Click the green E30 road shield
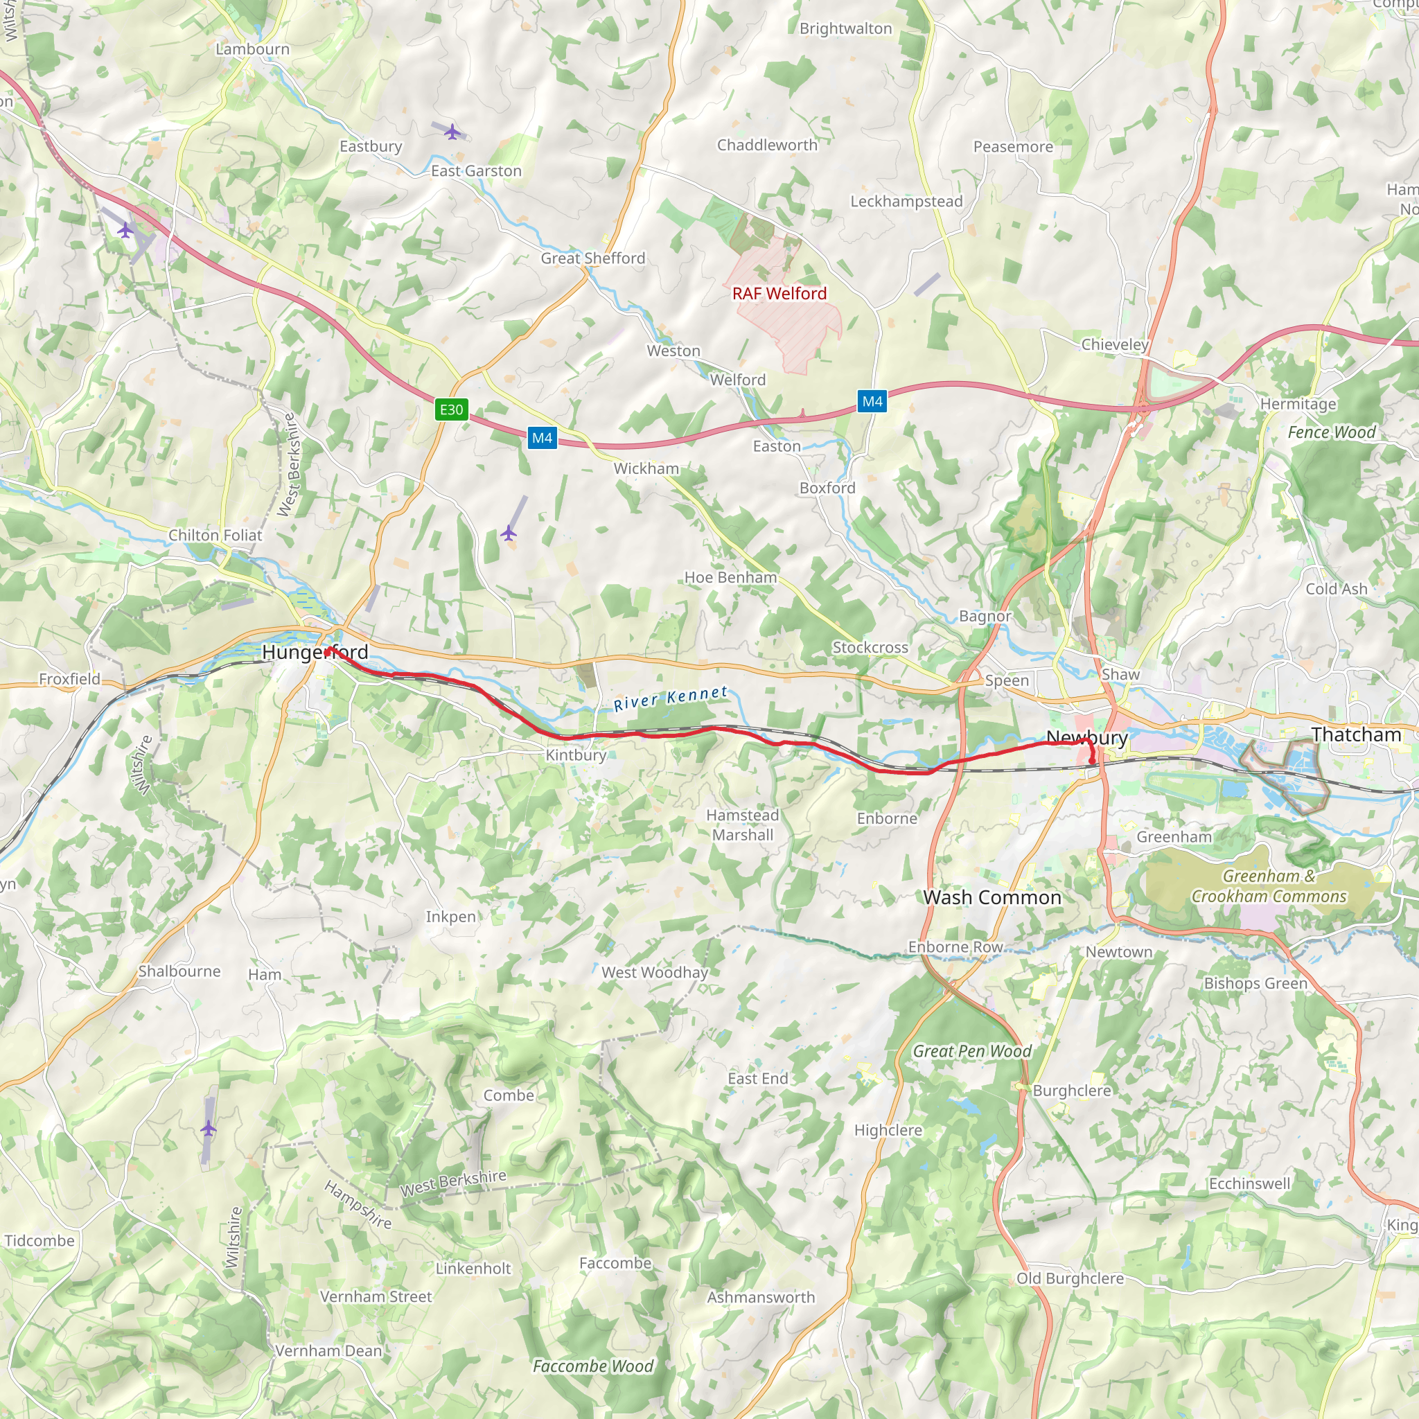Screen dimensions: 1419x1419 (451, 409)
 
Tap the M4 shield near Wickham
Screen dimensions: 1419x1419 (542, 439)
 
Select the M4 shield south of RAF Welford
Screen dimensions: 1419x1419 (872, 401)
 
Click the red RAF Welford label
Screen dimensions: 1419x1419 (779, 294)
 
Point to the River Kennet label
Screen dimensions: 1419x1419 (671, 698)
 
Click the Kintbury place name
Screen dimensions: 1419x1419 (576, 755)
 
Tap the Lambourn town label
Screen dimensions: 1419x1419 (253, 49)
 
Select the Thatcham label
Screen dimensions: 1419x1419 (1356, 734)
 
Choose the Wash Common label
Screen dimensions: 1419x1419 (992, 897)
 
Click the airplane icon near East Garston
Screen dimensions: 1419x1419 (453, 132)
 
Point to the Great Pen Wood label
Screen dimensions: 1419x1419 (971, 1051)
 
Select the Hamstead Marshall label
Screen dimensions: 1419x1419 (743, 825)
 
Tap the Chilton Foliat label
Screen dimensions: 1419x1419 (215, 536)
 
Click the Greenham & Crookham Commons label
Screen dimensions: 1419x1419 (1269, 885)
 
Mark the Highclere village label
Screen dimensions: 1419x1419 (888, 1130)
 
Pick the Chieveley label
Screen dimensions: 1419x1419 (1114, 344)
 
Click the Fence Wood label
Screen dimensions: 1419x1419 (1331, 432)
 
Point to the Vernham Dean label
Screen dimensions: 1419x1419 (328, 1350)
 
